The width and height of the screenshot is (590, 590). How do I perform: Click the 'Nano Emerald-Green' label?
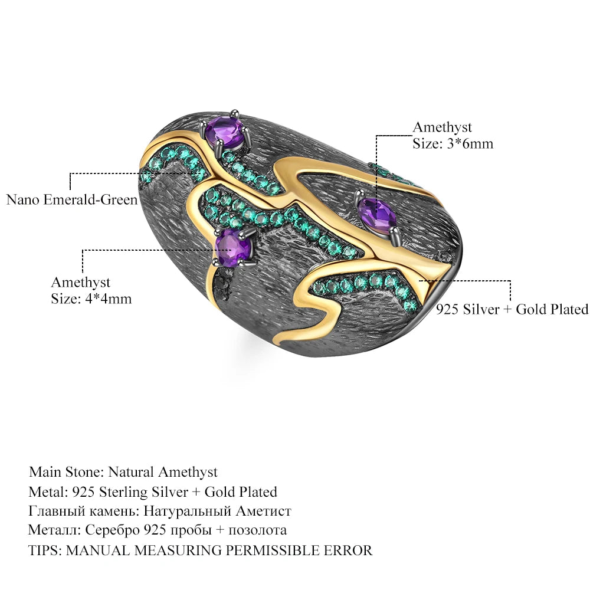[x=71, y=199]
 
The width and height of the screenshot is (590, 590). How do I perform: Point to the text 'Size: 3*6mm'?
[x=453, y=143]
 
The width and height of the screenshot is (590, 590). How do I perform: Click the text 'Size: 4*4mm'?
[x=91, y=299]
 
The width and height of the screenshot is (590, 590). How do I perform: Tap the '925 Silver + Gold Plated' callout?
[x=512, y=309]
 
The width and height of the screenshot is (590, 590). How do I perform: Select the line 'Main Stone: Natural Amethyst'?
[x=123, y=472]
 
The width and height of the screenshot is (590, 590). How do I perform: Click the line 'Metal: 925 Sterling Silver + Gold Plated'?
[x=153, y=492]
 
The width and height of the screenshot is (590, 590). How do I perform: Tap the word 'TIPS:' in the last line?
[x=45, y=550]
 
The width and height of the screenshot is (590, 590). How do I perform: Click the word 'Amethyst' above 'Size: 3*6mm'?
[x=442, y=127]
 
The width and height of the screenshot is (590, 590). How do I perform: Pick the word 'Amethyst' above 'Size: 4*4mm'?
[x=80, y=283]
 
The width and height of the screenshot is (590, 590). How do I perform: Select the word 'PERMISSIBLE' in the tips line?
[x=267, y=550]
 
